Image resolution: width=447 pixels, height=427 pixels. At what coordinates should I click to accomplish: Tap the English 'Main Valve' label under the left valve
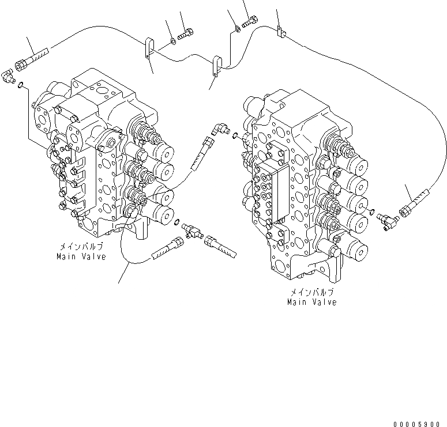click(x=81, y=256)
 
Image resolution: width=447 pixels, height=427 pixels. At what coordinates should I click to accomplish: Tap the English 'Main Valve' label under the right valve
click(x=312, y=302)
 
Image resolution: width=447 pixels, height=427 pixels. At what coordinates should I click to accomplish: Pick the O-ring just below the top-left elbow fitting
click(x=21, y=86)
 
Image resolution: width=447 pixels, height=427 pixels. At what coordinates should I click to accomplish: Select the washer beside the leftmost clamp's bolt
click(x=173, y=41)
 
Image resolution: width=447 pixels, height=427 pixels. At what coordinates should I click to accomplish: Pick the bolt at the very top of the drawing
click(x=250, y=22)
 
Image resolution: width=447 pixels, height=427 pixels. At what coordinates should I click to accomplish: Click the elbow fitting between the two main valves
click(x=219, y=129)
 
